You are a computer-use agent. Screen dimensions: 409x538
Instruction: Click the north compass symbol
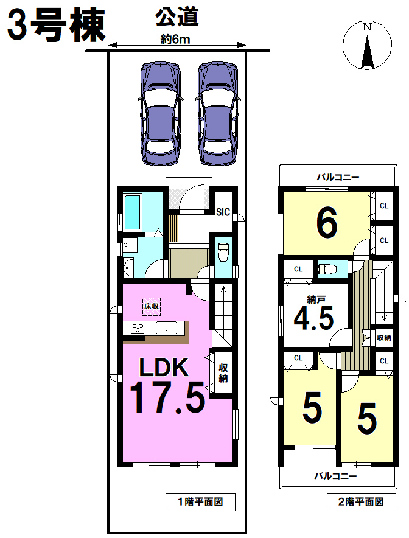(x=367, y=45)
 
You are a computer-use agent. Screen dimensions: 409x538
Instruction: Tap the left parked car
(x=160, y=114)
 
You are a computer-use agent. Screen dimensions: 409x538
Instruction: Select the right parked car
(x=218, y=114)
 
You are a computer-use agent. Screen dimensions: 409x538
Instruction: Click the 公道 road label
(x=177, y=17)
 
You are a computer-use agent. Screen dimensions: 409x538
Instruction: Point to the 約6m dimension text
(x=175, y=40)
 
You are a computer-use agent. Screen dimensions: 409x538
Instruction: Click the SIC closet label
(x=223, y=212)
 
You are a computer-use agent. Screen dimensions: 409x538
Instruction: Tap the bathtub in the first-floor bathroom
(x=133, y=212)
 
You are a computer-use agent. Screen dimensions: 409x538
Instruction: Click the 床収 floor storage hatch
(x=152, y=306)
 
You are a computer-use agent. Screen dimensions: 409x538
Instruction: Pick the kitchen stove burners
(x=138, y=328)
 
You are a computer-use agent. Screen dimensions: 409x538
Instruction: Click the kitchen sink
(x=166, y=328)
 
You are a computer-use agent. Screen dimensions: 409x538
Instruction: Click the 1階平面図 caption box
(x=200, y=502)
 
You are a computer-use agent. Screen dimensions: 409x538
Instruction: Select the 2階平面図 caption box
(x=361, y=502)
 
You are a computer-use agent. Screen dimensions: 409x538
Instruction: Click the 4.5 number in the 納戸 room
(x=314, y=319)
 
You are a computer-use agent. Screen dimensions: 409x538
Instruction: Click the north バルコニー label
(x=338, y=177)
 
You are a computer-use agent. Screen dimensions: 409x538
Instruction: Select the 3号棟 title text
(x=57, y=25)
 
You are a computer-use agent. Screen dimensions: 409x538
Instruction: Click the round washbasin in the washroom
(x=127, y=267)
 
